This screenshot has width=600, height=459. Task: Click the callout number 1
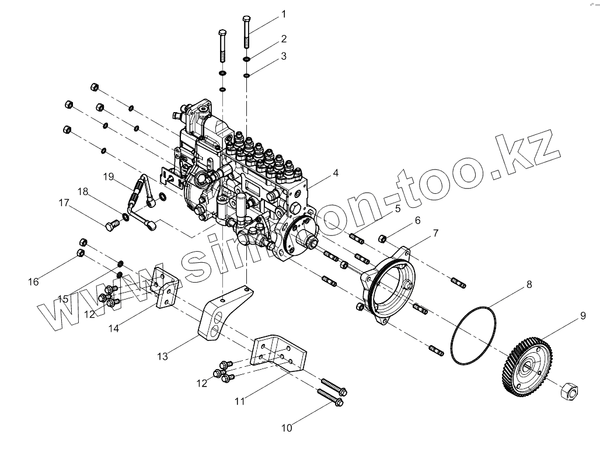pos(284,13)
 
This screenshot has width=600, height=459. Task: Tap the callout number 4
pos(336,173)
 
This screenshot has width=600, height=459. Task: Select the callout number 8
pos(529,285)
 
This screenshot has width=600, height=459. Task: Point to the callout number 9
pos(582,316)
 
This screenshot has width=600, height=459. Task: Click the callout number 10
pos(286,428)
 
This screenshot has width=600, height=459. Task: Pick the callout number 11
pos(240,401)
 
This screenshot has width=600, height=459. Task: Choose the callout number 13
pos(163,356)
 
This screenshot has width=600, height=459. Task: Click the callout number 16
pos(33,281)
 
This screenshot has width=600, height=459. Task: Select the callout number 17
pos(63,204)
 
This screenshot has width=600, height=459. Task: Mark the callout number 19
pos(108,176)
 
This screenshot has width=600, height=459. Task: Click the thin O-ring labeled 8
pos(474,335)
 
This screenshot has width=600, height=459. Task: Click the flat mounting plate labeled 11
pos(279,353)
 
